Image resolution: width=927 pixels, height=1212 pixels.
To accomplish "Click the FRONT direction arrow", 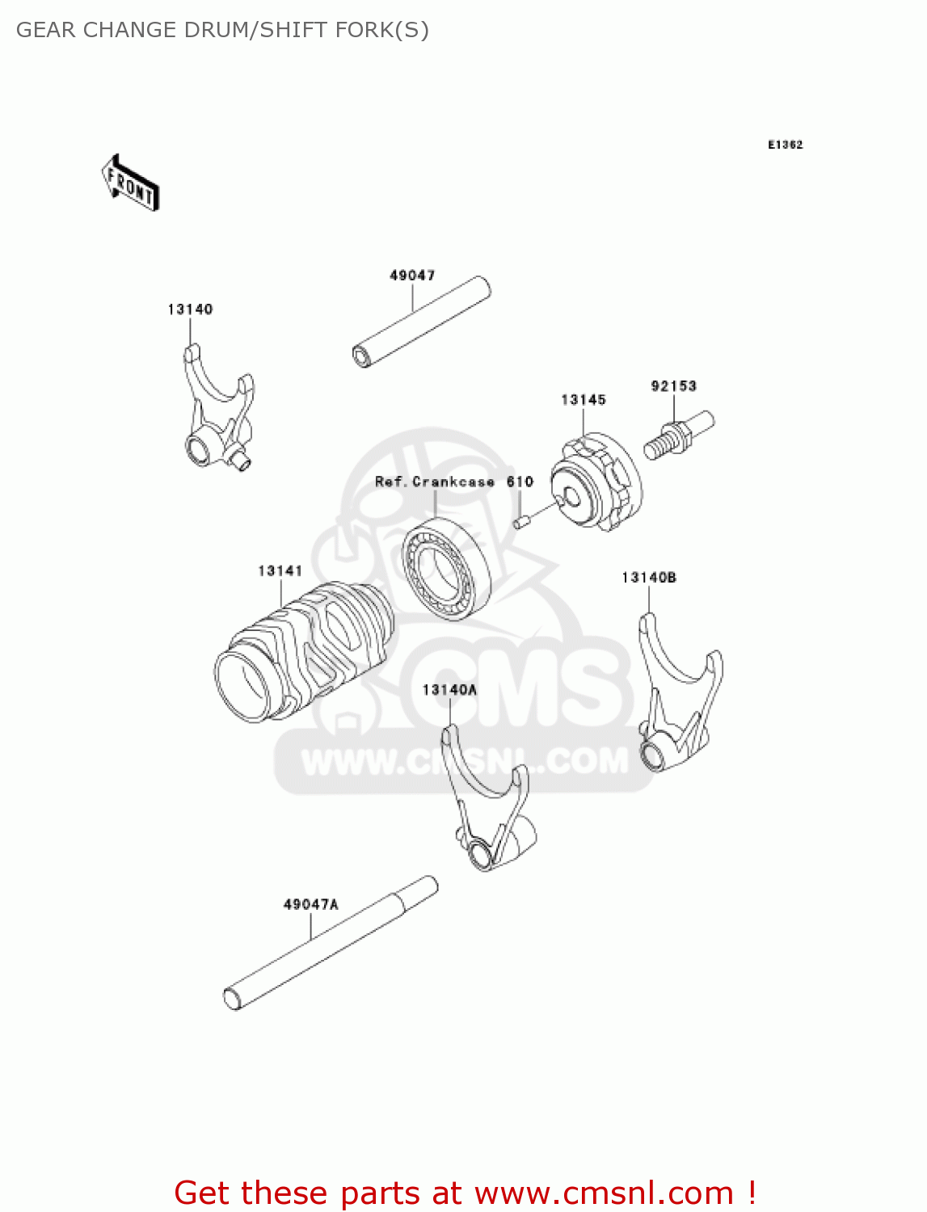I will click(x=130, y=183).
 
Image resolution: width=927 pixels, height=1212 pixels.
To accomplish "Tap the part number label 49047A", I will click(x=310, y=904).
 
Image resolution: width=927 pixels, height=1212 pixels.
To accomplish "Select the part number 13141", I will click(x=280, y=570).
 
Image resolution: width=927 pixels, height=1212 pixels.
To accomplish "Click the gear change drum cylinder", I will click(x=299, y=650).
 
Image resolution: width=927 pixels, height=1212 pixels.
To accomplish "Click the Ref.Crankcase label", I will click(x=434, y=482).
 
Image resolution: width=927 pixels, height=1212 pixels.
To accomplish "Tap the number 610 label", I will click(x=520, y=482).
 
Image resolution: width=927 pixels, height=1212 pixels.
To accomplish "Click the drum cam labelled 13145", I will click(x=596, y=482).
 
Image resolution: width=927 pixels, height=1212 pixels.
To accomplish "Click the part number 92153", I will click(x=673, y=386).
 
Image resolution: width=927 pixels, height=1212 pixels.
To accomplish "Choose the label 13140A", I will click(x=449, y=689).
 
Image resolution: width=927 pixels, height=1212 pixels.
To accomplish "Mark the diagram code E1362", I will click(x=785, y=145).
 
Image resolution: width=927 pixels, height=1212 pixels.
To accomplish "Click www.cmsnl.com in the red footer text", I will click(x=604, y=1193).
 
